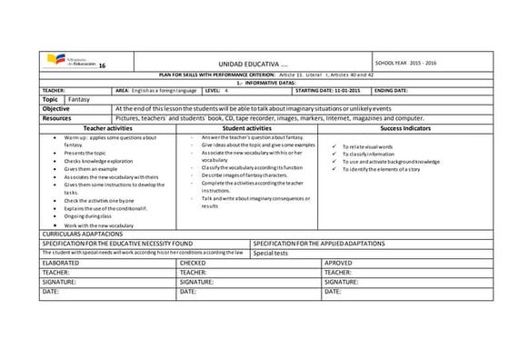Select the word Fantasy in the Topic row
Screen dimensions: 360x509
coord(78,98)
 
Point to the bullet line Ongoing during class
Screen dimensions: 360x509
coord(88,215)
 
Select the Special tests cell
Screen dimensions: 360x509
coord(273,253)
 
